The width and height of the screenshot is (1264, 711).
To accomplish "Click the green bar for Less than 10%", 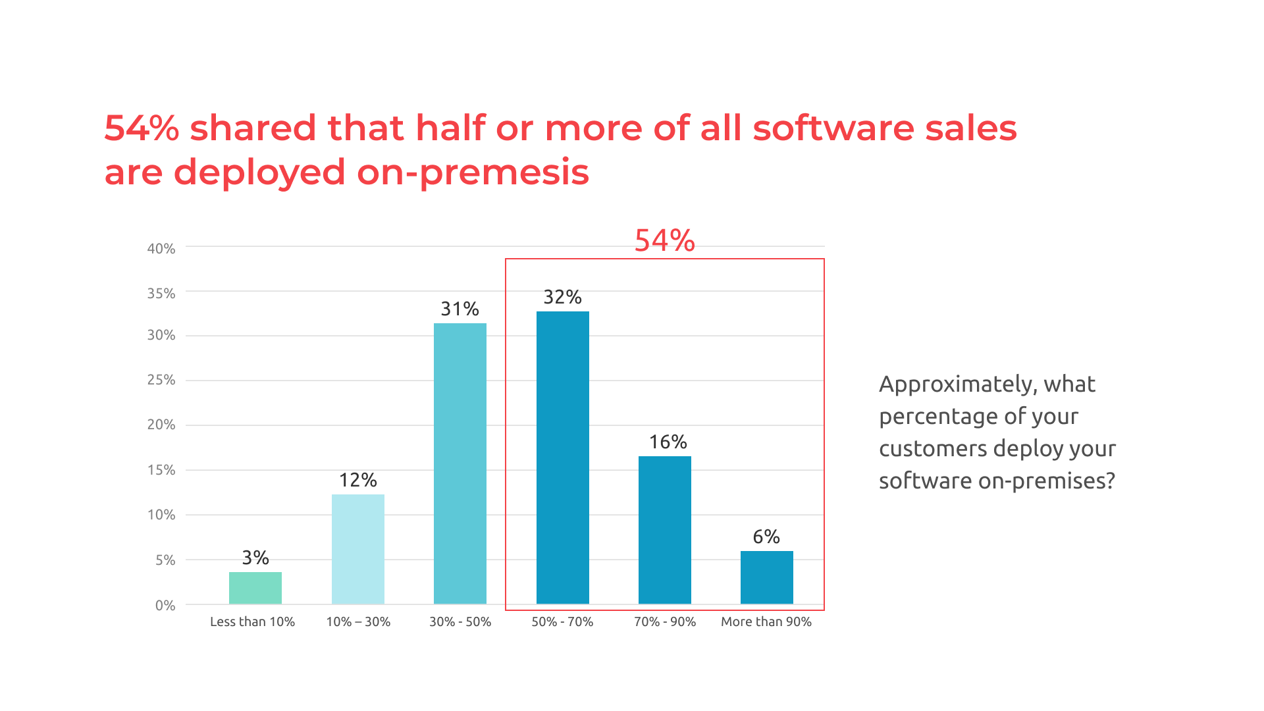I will coord(255,588).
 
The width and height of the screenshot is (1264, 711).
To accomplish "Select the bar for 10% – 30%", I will coord(358,549).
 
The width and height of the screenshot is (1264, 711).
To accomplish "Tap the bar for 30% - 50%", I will coord(460,463).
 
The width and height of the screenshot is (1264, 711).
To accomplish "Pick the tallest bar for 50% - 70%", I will coord(563,458).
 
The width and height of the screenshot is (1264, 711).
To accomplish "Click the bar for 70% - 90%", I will coord(665,530).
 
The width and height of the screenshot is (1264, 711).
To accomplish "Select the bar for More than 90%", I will coord(767,577).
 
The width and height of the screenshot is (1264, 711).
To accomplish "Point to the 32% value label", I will coord(563,297).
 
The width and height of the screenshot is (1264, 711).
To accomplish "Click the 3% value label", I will coord(255,558).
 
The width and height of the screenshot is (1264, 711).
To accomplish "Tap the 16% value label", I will coord(668,442).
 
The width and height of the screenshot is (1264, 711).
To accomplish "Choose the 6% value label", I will coord(766,537).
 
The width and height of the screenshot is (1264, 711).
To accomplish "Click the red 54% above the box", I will coord(664,240).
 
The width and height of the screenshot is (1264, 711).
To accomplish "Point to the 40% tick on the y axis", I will coord(161,249).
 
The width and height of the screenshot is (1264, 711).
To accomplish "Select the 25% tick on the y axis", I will coord(161,380).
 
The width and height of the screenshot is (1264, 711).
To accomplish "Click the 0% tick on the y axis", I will coord(165,606).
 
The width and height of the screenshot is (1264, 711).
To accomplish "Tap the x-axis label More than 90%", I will coord(766,621).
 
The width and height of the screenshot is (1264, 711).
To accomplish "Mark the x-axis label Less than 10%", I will coord(252,621).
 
